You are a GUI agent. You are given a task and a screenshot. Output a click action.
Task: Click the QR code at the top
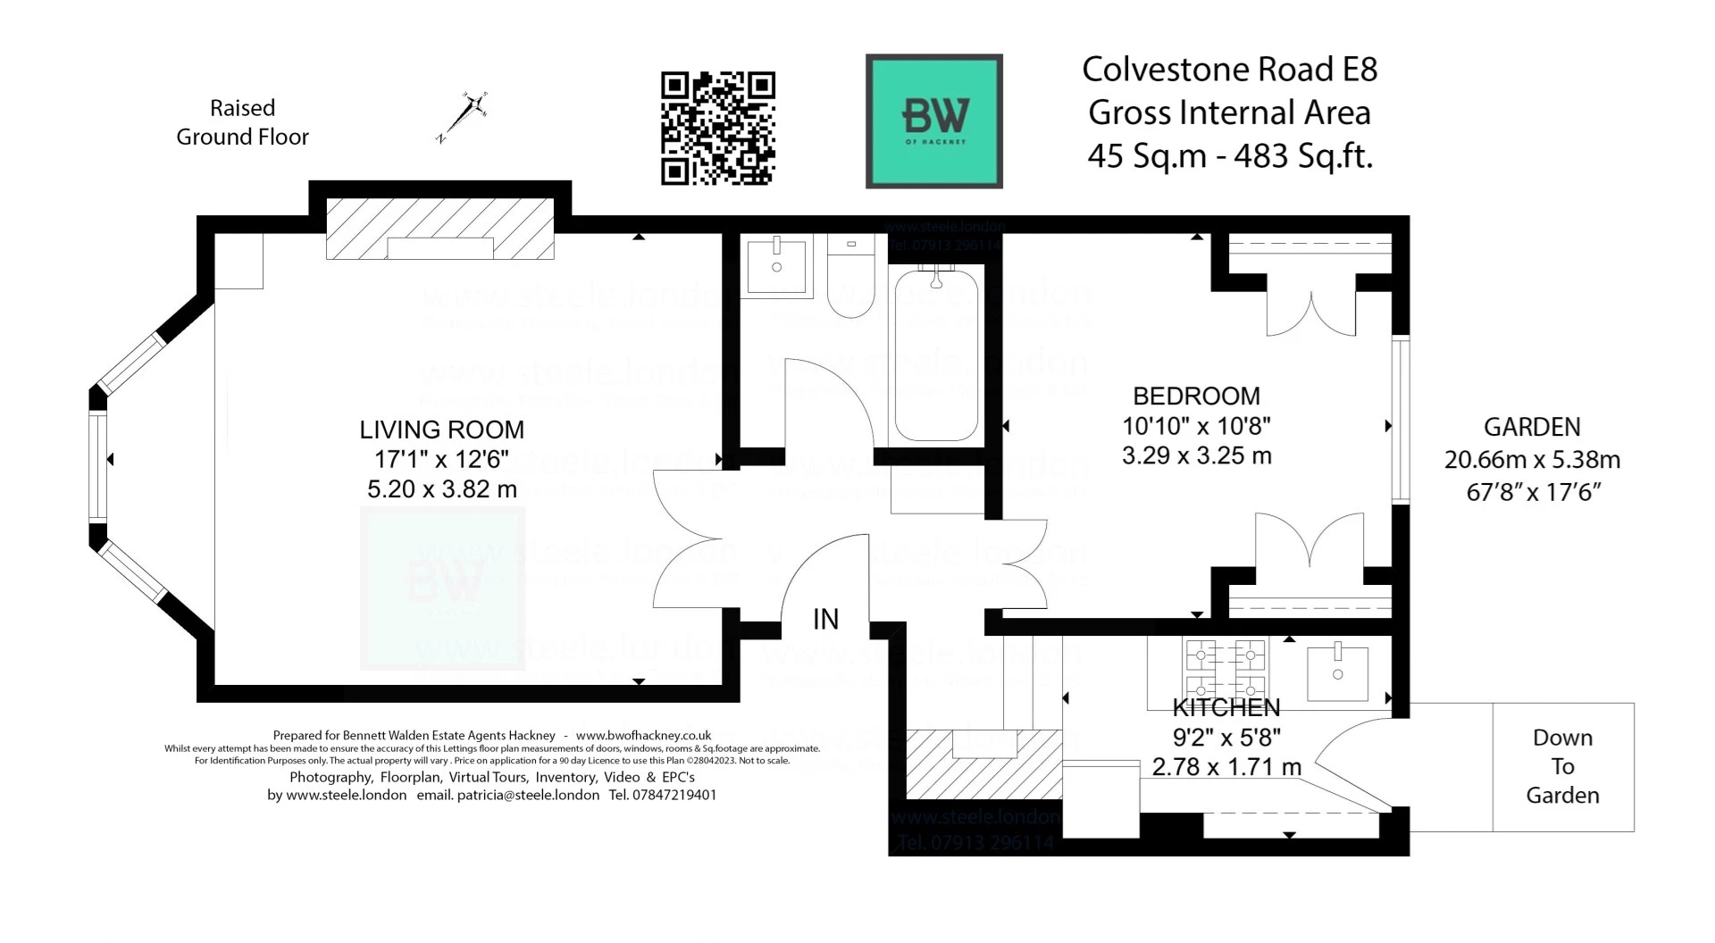[x=717, y=129]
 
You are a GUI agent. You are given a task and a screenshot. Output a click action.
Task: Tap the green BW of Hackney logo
[x=933, y=121]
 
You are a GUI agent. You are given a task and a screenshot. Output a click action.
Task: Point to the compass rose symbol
[x=466, y=116]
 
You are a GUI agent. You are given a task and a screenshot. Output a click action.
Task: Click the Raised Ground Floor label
[x=242, y=122]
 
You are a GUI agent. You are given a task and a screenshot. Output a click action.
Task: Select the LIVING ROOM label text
[x=441, y=430]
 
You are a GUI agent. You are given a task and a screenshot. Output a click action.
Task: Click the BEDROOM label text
[x=1196, y=396]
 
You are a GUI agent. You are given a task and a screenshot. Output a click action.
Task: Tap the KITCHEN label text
[x=1226, y=708]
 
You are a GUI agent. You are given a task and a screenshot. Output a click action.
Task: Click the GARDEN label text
[x=1531, y=427]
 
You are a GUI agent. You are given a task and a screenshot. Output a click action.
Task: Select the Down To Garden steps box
[x=1562, y=767]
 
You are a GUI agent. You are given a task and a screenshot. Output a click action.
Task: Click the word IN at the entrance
[x=825, y=619]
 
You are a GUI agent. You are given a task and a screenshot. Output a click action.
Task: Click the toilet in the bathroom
[x=850, y=277]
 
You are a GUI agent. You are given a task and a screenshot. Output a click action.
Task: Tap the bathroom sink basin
[x=776, y=265]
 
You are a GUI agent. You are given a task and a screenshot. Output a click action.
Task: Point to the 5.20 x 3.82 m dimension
[x=441, y=489]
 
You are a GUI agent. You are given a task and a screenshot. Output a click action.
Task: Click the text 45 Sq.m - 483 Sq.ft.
[x=1229, y=156]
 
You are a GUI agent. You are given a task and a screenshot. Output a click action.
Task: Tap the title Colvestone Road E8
[x=1229, y=70]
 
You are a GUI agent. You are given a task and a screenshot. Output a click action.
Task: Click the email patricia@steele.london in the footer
[x=528, y=795]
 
